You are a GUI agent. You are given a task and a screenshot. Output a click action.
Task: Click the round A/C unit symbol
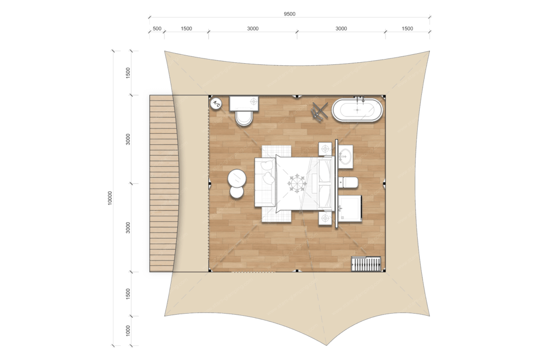pyautogui.click(x=216, y=103)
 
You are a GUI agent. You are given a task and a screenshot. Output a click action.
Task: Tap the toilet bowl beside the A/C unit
pyautogui.click(x=244, y=118)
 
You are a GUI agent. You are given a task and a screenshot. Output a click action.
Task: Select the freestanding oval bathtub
pyautogui.click(x=357, y=110)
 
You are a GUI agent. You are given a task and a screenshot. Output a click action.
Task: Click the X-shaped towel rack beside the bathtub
pyautogui.click(x=320, y=111)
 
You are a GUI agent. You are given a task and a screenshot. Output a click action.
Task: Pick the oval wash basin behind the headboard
pyautogui.click(x=345, y=157)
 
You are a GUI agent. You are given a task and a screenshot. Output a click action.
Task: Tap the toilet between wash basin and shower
pyautogui.click(x=348, y=183)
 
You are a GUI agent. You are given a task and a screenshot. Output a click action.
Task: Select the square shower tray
pyautogui.click(x=350, y=208)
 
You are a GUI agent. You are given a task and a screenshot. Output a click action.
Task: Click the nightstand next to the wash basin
pyautogui.click(x=325, y=149)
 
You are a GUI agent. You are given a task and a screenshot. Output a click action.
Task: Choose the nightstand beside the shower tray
pyautogui.click(x=325, y=218)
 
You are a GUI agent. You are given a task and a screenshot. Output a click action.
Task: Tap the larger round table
pyautogui.click(x=237, y=178)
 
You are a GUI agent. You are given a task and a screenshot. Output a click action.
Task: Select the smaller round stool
pyautogui.click(x=237, y=192)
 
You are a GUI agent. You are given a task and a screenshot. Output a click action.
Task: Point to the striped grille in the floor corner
pyautogui.click(x=366, y=264)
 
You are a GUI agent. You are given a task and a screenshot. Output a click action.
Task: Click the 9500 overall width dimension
pyautogui.click(x=290, y=14)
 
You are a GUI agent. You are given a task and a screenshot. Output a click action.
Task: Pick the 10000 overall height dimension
pyautogui.click(x=110, y=198)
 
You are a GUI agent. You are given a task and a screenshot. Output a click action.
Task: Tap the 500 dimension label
pyautogui.click(x=157, y=28)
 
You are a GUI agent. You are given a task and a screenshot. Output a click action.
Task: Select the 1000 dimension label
pyautogui.click(x=128, y=330)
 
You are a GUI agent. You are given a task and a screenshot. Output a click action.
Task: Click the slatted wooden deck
pyautogui.click(x=162, y=183)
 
